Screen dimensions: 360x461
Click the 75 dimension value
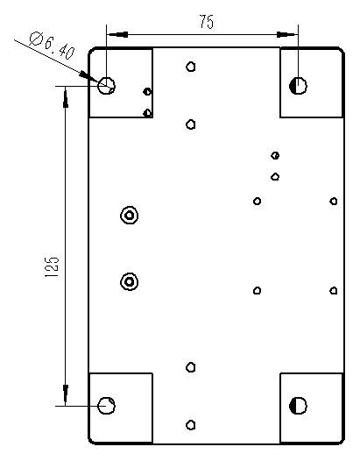pyautogui.click(x=207, y=22)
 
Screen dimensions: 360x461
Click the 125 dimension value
pyautogui.click(x=52, y=267)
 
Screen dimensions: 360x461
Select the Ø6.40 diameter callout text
pyautogui.click(x=52, y=46)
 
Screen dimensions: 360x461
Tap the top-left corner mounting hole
pyautogui.click(x=106, y=86)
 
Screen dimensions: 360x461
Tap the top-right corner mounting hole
pyautogui.click(x=298, y=86)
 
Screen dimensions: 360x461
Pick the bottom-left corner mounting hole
pyautogui.click(x=106, y=406)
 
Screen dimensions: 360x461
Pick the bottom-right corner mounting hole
pyautogui.click(x=298, y=406)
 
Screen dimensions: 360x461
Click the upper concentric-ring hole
pyautogui.click(x=130, y=216)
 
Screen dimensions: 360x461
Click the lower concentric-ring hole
pyautogui.click(x=130, y=281)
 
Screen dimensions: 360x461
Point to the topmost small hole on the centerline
pyautogui.click(x=191, y=67)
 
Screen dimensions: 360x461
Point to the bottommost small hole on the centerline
pyautogui.click(x=191, y=425)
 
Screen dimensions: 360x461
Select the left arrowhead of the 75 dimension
pyautogui.click(x=117, y=34)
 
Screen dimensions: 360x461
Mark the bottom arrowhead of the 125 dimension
pyautogui.click(x=65, y=395)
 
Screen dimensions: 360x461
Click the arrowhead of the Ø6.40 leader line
pyautogui.click(x=88, y=77)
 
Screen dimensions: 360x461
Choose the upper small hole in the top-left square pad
pyautogui.click(x=147, y=92)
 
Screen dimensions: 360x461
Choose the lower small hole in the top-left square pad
pyautogui.click(x=147, y=113)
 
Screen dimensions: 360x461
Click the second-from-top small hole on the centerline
pyautogui.click(x=191, y=124)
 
